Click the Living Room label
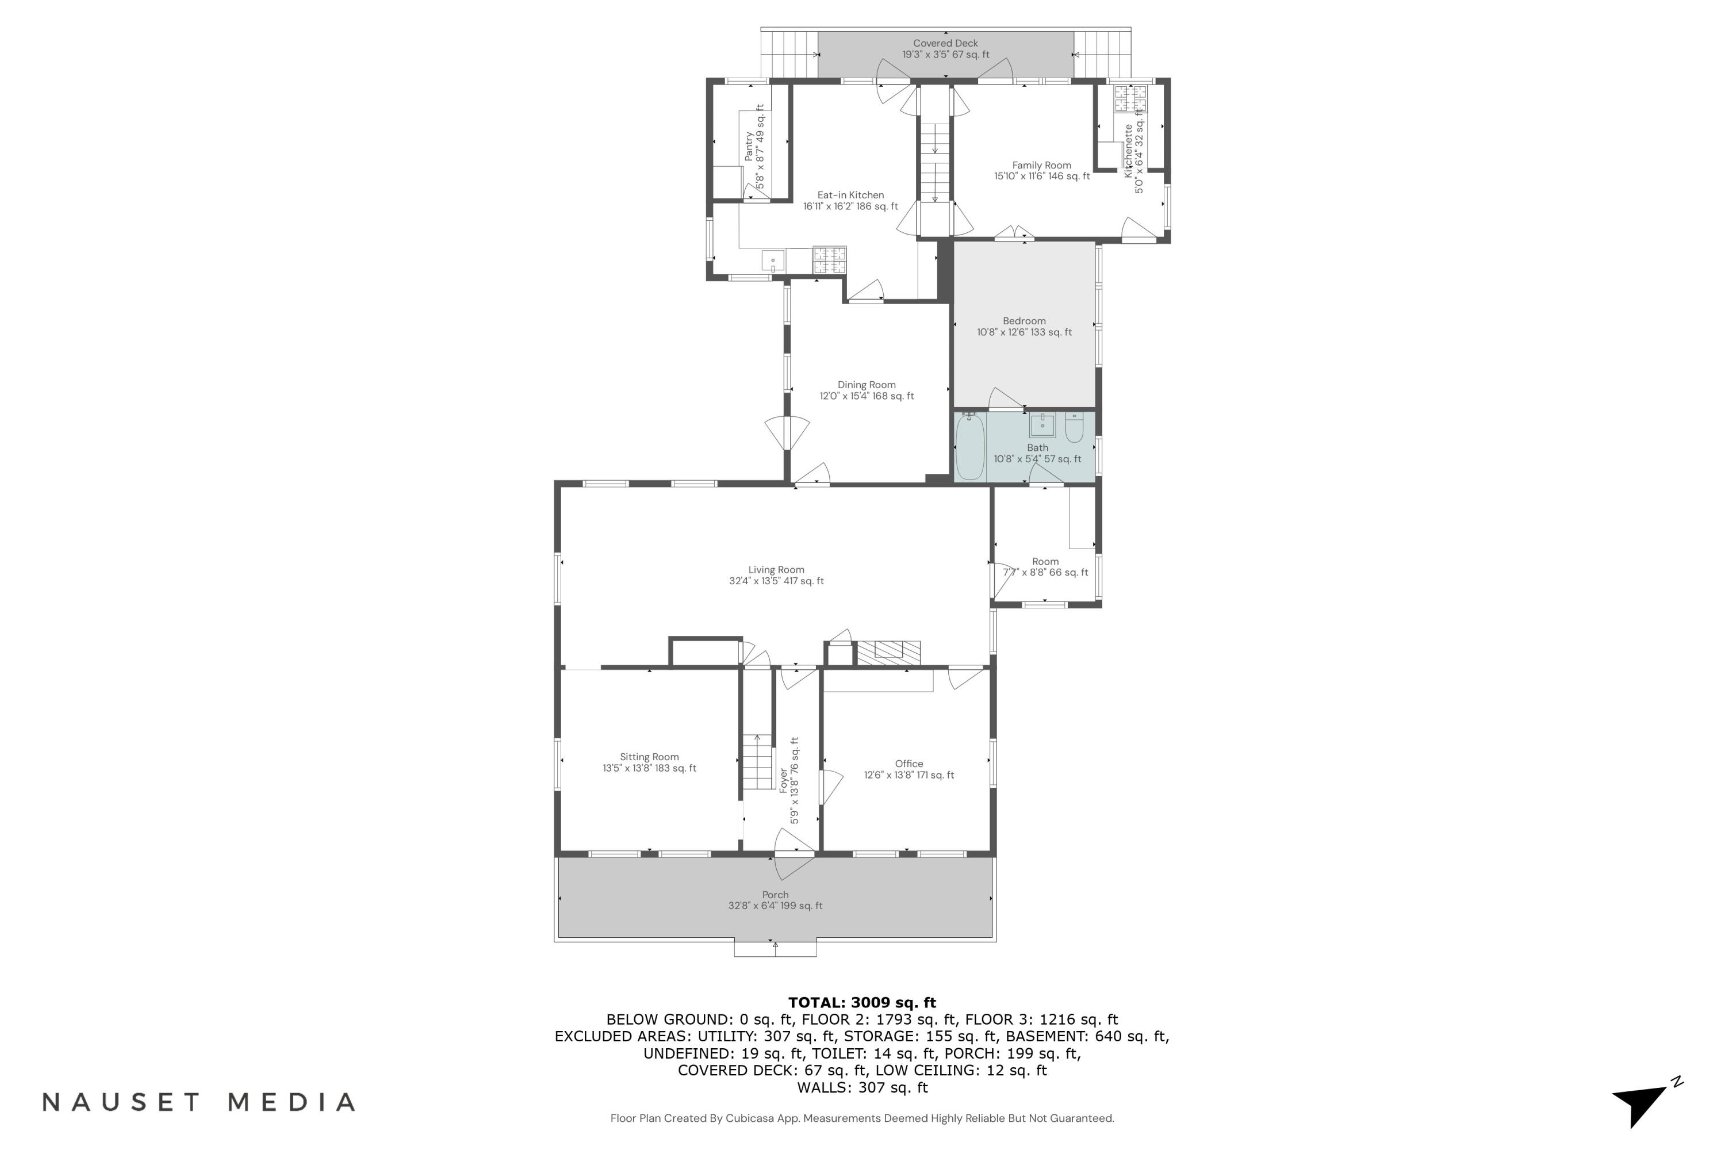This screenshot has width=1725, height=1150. click(776, 570)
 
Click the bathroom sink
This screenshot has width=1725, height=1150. click(1042, 425)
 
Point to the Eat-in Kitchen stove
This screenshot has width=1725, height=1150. click(830, 260)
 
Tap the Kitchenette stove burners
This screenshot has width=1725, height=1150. click(1130, 98)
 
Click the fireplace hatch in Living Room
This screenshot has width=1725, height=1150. click(889, 652)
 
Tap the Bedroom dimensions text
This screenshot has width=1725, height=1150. click(1024, 332)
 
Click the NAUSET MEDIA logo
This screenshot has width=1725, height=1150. click(199, 1102)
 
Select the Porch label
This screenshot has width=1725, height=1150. click(775, 895)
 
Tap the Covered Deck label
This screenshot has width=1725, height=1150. click(945, 43)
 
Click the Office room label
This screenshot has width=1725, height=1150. click(908, 764)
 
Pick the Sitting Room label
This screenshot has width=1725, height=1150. click(649, 757)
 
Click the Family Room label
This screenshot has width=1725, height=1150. click(1041, 166)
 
